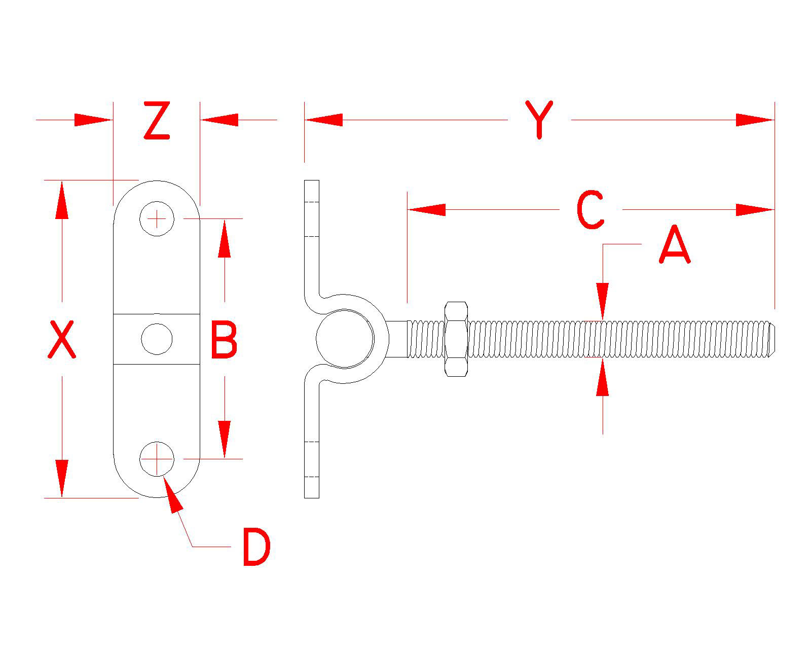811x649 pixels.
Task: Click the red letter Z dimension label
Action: pos(156,121)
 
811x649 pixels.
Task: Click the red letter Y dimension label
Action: pos(539,120)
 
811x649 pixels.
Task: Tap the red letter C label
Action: pos(591,209)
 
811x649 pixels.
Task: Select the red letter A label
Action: pos(675,245)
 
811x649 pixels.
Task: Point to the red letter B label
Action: pos(224,339)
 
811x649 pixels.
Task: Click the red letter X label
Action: pos(62,339)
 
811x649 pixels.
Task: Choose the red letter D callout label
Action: pos(256,547)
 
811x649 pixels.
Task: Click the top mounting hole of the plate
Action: pos(157,219)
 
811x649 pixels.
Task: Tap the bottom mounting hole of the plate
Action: pos(157,459)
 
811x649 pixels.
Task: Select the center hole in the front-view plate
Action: pos(157,339)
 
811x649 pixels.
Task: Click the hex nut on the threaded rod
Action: pos(456,339)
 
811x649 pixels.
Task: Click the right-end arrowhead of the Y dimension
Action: pos(755,120)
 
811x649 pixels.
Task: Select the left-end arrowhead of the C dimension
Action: pos(426,209)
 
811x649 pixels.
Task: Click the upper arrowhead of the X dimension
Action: pos(62,200)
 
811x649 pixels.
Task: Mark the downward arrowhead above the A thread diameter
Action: pos(603,301)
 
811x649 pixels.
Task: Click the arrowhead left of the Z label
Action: pos(93,120)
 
